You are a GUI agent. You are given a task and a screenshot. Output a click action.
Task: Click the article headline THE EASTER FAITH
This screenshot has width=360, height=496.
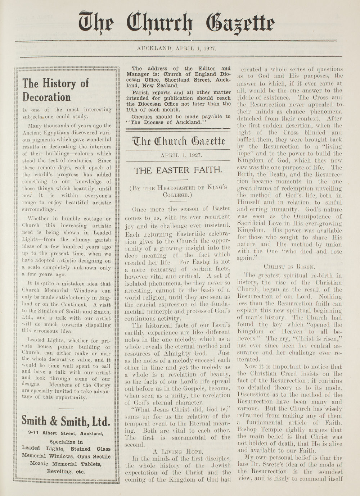[x=178, y=170]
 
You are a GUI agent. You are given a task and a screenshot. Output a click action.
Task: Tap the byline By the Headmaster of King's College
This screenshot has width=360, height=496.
[x=178, y=191]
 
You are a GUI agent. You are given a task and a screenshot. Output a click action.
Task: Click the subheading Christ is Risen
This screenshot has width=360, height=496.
[x=289, y=267]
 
